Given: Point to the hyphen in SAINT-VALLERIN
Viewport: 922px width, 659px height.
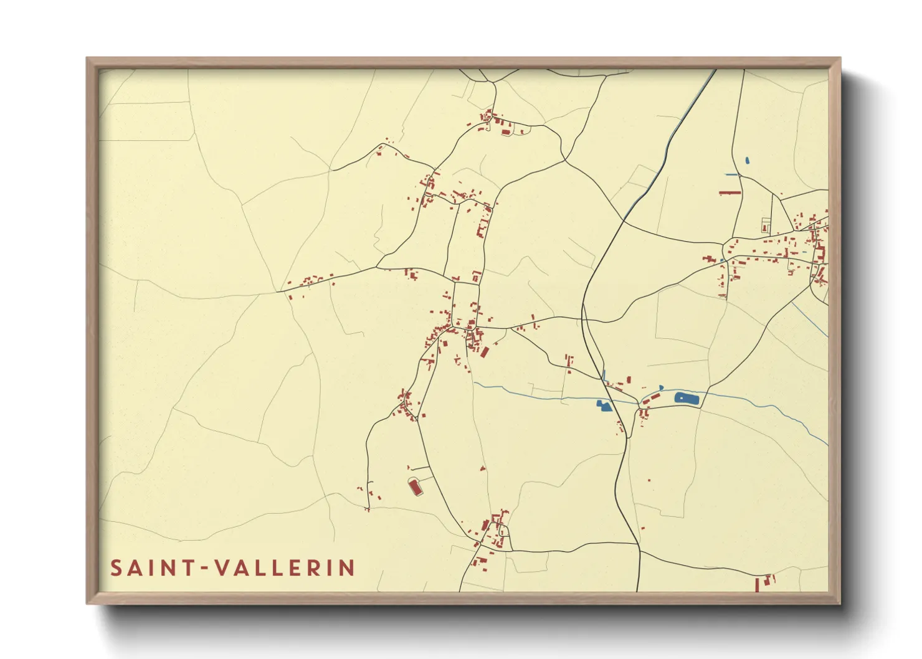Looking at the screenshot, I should [x=203, y=569].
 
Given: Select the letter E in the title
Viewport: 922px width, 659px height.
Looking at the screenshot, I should [x=294, y=568].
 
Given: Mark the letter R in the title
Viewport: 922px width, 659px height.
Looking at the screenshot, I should [x=313, y=568].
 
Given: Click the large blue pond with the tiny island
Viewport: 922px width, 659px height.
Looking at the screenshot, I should [x=687, y=398].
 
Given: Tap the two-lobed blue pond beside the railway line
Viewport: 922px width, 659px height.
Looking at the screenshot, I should [x=604, y=406].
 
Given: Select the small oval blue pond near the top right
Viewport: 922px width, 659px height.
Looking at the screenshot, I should [x=747, y=161].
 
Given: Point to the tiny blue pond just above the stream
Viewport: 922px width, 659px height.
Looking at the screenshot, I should [x=661, y=387].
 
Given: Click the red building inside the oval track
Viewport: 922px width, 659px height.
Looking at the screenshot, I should [x=416, y=487].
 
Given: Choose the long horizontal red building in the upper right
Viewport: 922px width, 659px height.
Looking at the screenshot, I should [x=730, y=193].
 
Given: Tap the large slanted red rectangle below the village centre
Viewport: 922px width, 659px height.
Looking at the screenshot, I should [x=485, y=352].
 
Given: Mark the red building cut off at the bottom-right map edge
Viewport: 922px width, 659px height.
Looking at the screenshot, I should [x=758, y=586].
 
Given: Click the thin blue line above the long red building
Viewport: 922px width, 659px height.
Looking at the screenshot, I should [x=732, y=175].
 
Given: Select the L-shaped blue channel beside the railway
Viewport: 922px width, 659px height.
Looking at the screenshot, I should [x=604, y=376].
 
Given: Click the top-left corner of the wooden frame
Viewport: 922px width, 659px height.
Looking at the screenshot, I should [x=87, y=59].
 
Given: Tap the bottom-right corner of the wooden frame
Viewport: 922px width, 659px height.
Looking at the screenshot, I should [x=840, y=603].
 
